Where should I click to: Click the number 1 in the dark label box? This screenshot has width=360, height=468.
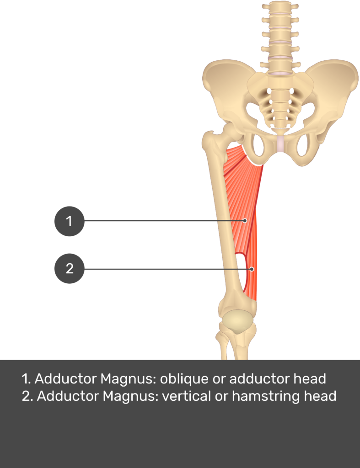[69, 222]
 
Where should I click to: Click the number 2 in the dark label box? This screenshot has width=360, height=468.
[70, 269]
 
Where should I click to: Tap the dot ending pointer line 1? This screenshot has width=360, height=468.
[245, 221]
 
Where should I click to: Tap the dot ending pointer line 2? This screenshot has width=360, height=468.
[252, 269]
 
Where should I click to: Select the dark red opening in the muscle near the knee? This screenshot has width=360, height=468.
[241, 261]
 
